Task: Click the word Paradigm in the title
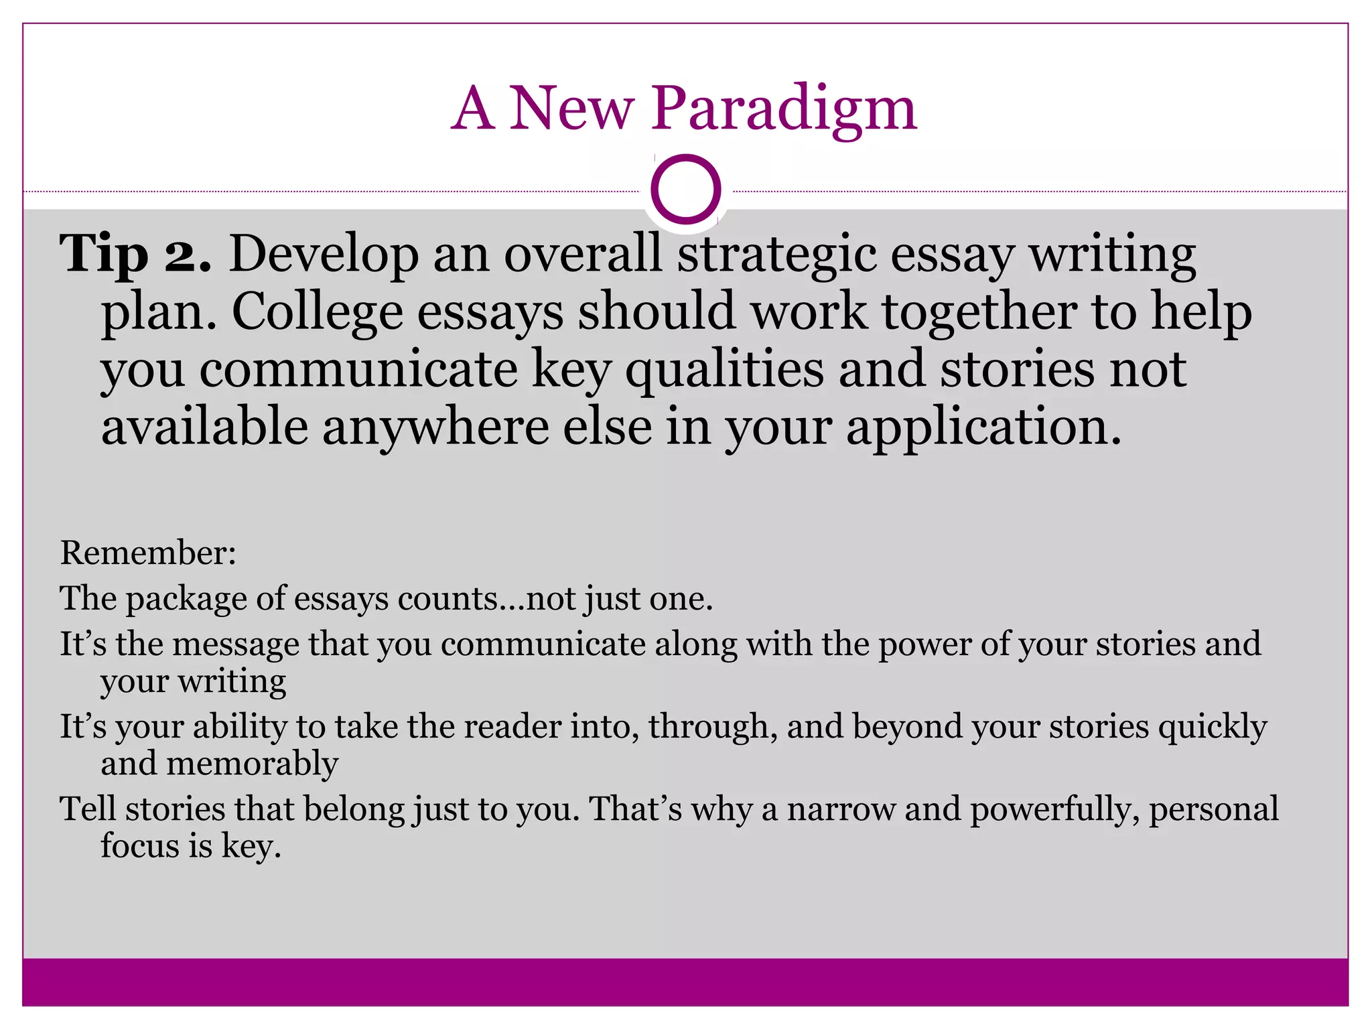(784, 109)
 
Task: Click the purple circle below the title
(685, 190)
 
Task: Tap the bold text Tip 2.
(136, 255)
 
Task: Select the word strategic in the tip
(776, 255)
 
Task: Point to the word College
(317, 312)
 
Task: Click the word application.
(983, 427)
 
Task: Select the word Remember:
(148, 553)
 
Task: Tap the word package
(187, 599)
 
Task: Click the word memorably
(252, 764)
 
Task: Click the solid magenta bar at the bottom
(685, 982)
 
